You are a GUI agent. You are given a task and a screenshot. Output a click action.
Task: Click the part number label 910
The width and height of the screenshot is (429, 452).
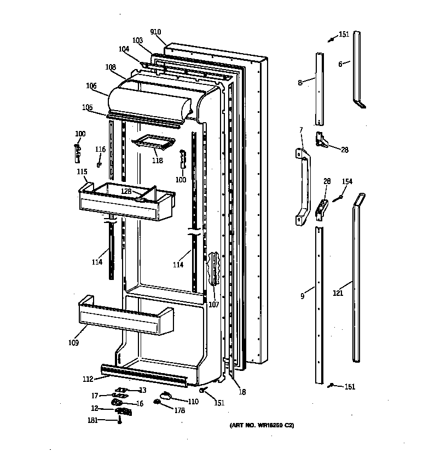pyautogui.click(x=155, y=32)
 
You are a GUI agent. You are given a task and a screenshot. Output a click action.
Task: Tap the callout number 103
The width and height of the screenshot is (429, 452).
pyautogui.click(x=137, y=41)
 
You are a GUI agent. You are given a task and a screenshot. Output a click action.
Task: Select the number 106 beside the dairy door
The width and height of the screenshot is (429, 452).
pyautogui.click(x=91, y=85)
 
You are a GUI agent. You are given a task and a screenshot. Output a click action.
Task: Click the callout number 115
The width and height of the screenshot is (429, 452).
pyautogui.click(x=82, y=172)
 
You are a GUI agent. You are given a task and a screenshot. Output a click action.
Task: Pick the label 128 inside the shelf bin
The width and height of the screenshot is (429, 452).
pyautogui.click(x=126, y=191)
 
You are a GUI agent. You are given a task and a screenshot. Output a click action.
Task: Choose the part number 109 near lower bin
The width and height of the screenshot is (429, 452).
pyautogui.click(x=73, y=343)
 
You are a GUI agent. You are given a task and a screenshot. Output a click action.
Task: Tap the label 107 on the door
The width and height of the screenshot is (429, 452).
pyautogui.click(x=213, y=305)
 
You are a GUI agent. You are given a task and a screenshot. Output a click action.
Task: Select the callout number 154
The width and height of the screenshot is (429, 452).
pyautogui.click(x=347, y=181)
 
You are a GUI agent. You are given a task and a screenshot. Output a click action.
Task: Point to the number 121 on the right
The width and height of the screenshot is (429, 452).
pyautogui.click(x=338, y=293)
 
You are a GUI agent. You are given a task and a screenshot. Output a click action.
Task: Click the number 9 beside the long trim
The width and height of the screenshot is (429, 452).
pyautogui.click(x=302, y=296)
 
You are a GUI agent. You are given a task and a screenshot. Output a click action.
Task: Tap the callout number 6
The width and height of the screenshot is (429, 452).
pyautogui.click(x=340, y=64)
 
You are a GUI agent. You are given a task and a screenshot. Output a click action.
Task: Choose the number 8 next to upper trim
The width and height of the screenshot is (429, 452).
pyautogui.click(x=300, y=83)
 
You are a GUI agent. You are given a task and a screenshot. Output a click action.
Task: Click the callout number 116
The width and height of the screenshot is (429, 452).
pyautogui.click(x=100, y=150)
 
